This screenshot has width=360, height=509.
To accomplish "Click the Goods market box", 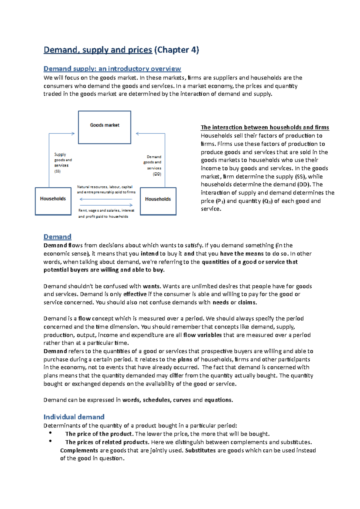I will (x=104, y=127).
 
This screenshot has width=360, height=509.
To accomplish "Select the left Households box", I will (x=53, y=201).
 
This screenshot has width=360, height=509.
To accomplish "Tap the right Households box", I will (x=158, y=201).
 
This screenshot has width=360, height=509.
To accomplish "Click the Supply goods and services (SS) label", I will (x=62, y=163).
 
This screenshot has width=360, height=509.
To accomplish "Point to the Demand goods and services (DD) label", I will (x=153, y=165).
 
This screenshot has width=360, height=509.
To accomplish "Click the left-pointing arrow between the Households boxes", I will (x=106, y=199).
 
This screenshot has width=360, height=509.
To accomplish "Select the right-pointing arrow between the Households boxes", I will (x=106, y=205).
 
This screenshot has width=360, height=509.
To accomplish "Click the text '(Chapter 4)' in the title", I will (x=176, y=50).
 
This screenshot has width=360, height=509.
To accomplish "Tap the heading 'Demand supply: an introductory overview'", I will (x=112, y=69).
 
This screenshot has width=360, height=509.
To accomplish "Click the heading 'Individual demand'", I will (x=74, y=417).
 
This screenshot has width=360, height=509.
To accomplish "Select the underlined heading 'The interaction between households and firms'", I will (x=265, y=127).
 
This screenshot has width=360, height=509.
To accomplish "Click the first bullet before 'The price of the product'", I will (x=50, y=433).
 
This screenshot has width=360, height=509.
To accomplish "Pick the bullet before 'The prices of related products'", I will (x=50, y=441).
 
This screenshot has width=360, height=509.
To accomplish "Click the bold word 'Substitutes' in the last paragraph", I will (x=200, y=450).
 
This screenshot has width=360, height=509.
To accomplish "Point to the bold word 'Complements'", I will (x=79, y=450).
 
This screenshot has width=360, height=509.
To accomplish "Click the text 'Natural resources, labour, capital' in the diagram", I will (x=105, y=187).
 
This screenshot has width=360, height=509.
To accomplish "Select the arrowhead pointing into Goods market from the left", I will (x=73, y=134).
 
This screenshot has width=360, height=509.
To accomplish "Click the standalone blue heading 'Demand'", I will (x=57, y=237).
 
